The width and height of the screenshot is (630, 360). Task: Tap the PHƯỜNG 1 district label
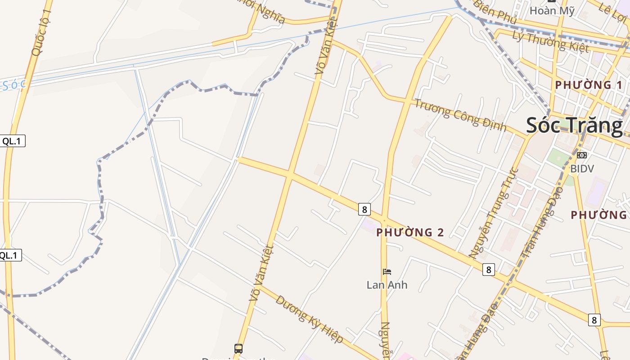589,85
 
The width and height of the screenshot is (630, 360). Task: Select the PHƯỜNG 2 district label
410,232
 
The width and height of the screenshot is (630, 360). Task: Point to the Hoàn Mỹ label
552,10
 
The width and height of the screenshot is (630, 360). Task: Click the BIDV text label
582,169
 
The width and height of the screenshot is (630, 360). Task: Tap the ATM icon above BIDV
582,155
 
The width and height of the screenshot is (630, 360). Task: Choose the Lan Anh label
387,285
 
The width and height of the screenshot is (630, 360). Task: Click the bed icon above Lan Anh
387,271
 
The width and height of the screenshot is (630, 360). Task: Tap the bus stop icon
238,348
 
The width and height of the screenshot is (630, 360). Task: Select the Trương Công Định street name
460,115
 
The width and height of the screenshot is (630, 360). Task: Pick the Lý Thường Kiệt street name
550,42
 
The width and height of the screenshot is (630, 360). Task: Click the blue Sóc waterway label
13,85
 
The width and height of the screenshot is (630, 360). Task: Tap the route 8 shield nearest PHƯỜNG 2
364,209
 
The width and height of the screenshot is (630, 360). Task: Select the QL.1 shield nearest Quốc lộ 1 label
12,141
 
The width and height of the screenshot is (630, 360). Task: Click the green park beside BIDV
558,159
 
